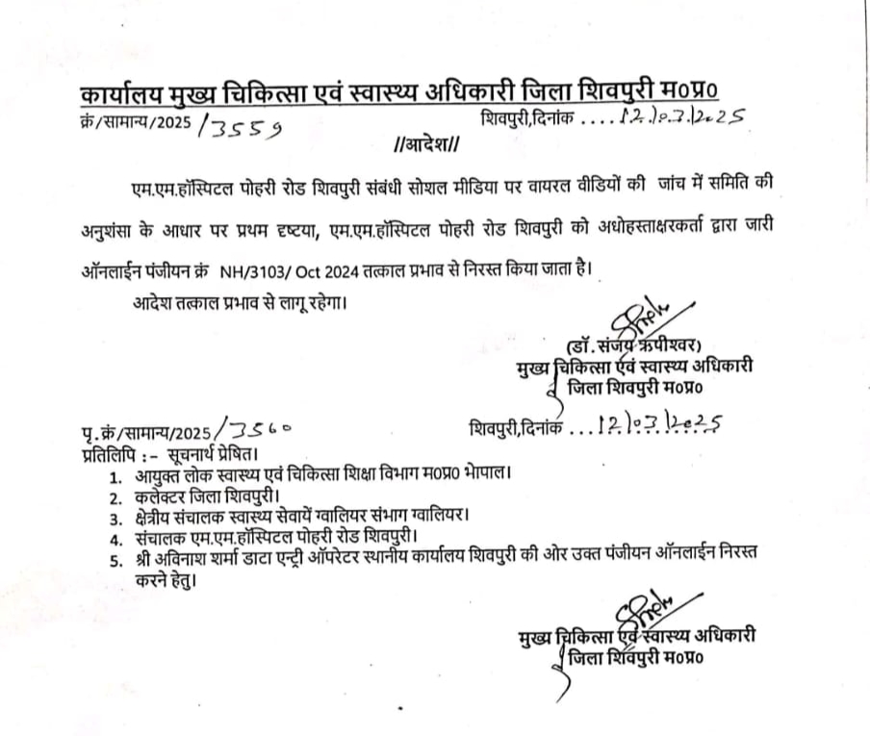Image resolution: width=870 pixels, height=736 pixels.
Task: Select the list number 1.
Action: [115, 476]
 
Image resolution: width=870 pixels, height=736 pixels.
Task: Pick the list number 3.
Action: [115, 520]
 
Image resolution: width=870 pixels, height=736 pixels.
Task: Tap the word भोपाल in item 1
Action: [488, 475]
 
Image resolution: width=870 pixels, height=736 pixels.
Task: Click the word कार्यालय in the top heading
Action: [121, 98]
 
